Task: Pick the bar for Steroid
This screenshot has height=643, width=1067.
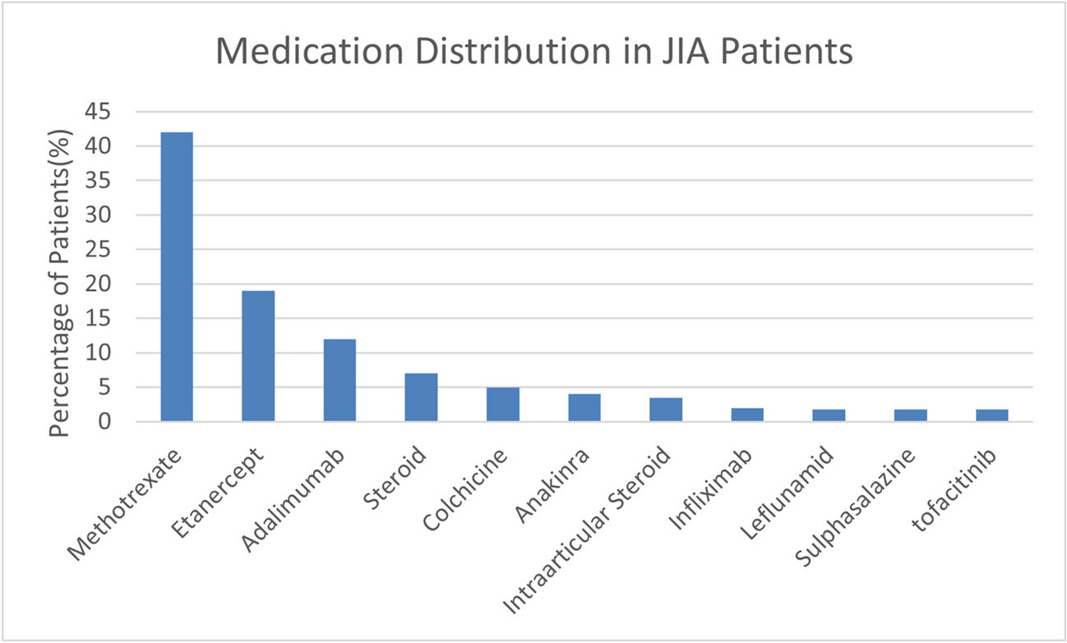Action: coord(421,398)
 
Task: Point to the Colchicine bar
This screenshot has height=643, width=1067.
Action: coord(502,405)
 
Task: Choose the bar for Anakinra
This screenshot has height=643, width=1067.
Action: coord(584,408)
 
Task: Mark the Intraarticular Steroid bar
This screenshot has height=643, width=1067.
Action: coord(666,409)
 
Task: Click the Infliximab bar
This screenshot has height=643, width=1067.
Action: coord(747,414)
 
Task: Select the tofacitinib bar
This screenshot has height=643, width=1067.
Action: coord(992,415)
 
